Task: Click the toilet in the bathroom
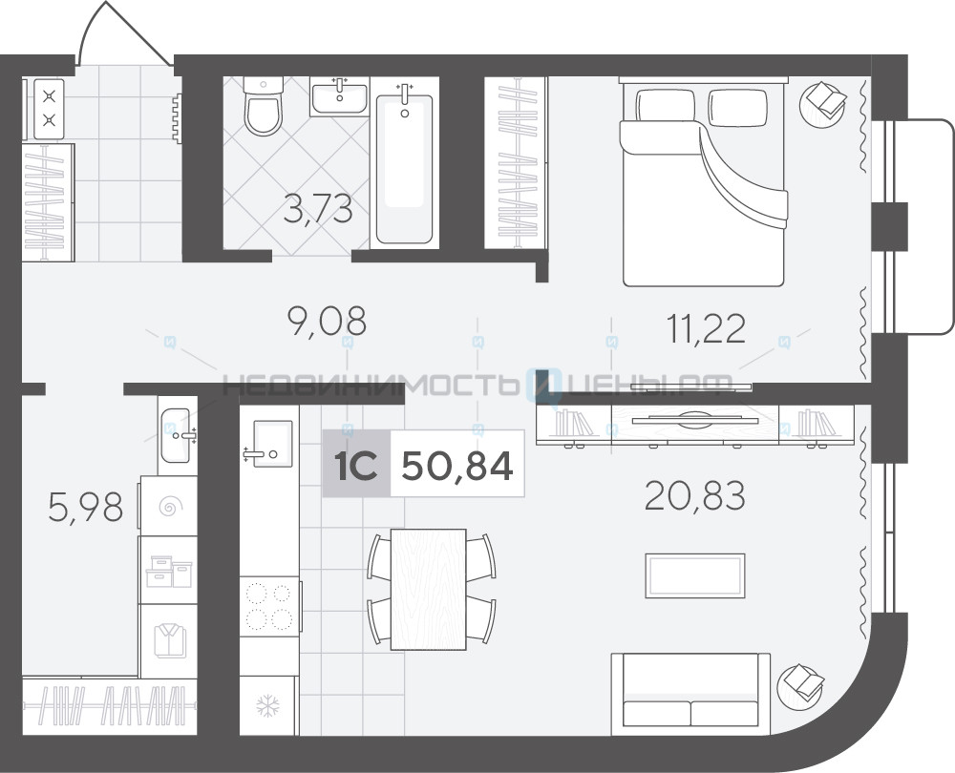click(x=264, y=106)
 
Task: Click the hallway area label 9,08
click(x=327, y=321)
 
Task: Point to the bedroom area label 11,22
click(x=706, y=328)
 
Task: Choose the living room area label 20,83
click(x=695, y=495)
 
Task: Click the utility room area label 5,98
click(x=86, y=508)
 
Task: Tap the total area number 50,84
click(x=458, y=466)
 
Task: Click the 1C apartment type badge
click(x=356, y=466)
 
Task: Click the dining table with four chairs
click(x=432, y=589)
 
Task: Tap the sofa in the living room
click(x=690, y=690)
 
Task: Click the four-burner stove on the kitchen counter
click(x=269, y=606)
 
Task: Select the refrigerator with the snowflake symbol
click(x=267, y=705)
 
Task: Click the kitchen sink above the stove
click(x=269, y=443)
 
